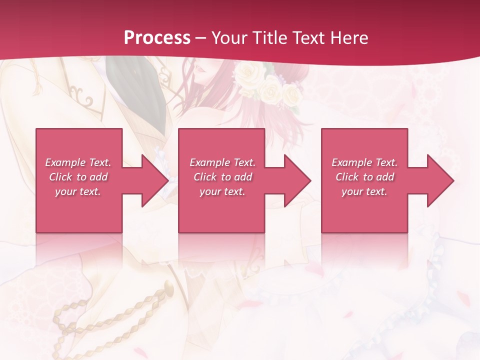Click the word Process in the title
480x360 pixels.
click(x=157, y=38)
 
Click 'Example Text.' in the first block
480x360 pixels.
click(x=78, y=162)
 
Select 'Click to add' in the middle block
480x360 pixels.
click(x=222, y=177)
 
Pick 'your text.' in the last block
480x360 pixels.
click(x=364, y=191)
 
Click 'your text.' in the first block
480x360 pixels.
click(x=78, y=191)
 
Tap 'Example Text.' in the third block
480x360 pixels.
click(x=364, y=162)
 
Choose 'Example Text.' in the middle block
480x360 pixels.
click(x=222, y=162)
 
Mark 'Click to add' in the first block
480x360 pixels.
click(x=78, y=177)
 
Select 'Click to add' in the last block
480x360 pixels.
click(x=364, y=177)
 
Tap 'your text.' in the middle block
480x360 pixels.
click(x=222, y=191)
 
